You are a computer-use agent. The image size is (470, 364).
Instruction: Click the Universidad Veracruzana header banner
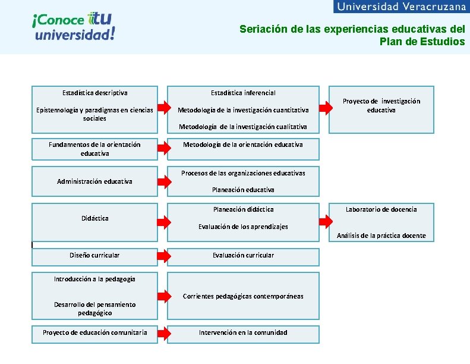[401, 7]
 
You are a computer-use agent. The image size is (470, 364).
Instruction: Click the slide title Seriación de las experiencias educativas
[352, 34]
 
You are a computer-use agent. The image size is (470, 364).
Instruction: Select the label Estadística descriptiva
[94, 93]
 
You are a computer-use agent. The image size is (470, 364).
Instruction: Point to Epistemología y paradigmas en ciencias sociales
[94, 114]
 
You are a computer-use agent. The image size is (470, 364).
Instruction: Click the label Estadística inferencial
[243, 93]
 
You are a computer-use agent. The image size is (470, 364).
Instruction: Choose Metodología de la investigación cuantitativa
[243, 110]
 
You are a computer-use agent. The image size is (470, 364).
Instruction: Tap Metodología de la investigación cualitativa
[243, 127]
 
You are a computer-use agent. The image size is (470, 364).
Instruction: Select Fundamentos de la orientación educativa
[94, 149]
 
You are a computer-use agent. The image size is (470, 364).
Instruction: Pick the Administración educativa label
[94, 181]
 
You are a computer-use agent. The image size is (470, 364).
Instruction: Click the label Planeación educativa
[243, 190]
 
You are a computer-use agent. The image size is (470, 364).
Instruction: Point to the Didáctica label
[94, 218]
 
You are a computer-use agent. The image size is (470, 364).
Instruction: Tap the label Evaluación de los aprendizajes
[243, 227]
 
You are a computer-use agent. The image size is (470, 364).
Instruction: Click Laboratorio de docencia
[381, 209]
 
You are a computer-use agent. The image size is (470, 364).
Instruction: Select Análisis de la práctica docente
[381, 236]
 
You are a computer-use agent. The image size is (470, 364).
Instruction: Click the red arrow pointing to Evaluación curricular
[163, 256]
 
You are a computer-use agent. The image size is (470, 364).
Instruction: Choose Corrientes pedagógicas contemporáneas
[243, 296]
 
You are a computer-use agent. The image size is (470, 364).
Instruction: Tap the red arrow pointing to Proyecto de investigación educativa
[324, 108]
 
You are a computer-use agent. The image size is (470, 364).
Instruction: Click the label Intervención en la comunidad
[243, 332]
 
